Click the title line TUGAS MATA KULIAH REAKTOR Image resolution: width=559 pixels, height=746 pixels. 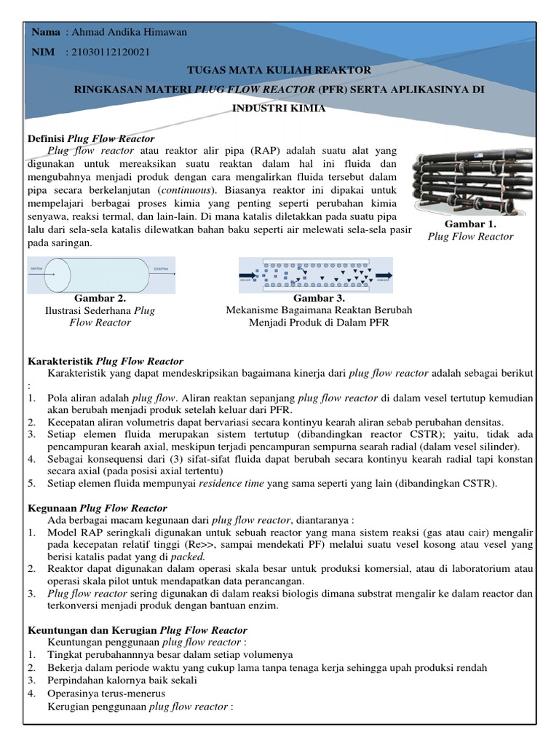click(279, 70)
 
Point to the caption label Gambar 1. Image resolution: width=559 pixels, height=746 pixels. click(470, 224)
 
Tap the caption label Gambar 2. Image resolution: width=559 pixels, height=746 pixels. click(100, 298)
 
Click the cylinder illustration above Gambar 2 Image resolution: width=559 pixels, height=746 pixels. click(100, 275)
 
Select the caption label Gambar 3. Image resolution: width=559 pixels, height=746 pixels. click(319, 298)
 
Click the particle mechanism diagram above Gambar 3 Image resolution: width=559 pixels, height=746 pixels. click(316, 275)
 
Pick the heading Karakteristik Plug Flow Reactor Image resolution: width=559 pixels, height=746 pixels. click(106, 361)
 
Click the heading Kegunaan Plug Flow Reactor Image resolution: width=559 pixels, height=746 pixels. click(97, 509)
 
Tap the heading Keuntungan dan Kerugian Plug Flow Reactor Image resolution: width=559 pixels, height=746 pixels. click(138, 630)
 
